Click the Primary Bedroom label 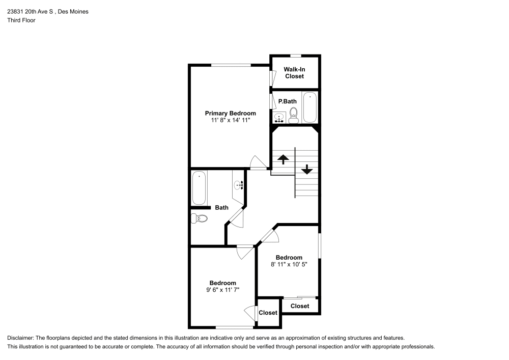coord(230,113)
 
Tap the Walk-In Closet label coord(294,73)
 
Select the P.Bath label coord(287,101)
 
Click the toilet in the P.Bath coord(294,116)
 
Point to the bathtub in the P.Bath coord(310,107)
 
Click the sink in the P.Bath coord(279,118)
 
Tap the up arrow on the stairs coord(283,159)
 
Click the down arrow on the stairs coord(307,169)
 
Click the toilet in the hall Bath coord(199,218)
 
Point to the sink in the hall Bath coord(239,185)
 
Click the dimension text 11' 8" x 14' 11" coord(231,120)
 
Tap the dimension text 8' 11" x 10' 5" coord(289,264)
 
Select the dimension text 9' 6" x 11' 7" coord(223,290)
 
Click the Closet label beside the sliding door coord(300,306)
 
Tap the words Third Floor coord(21,20)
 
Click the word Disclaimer coord(20,338)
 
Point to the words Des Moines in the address coord(73,11)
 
